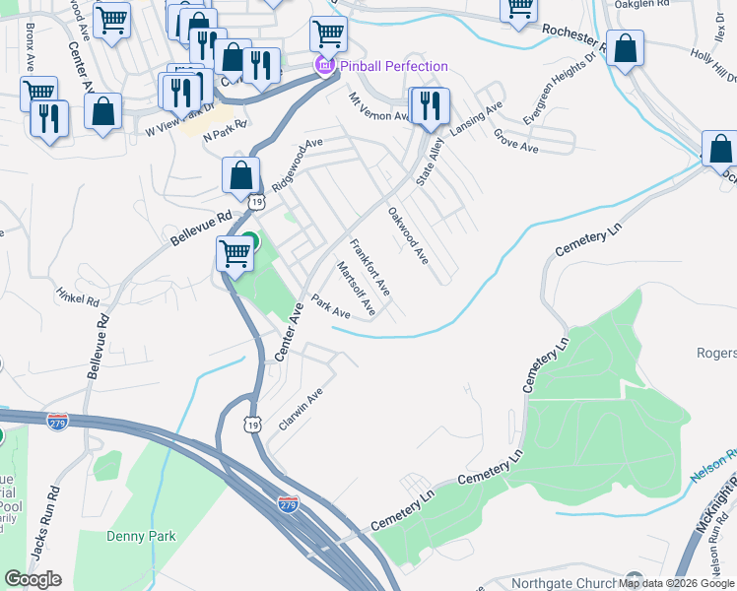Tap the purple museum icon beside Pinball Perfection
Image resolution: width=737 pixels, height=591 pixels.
[322, 66]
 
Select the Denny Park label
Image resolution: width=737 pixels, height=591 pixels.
[140, 536]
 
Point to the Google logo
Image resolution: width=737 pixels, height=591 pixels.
[33, 579]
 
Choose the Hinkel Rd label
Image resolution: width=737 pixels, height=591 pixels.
[79, 295]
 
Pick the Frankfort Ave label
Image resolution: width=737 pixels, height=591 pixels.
[370, 267]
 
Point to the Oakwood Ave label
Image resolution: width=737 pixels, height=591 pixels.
[408, 235]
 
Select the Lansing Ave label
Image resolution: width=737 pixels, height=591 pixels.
[477, 118]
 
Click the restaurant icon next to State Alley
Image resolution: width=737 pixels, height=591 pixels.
[430, 106]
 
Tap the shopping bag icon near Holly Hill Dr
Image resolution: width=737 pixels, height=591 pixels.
[625, 49]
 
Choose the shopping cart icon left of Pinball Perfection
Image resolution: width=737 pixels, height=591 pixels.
[328, 35]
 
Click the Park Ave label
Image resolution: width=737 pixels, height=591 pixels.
[331, 306]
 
